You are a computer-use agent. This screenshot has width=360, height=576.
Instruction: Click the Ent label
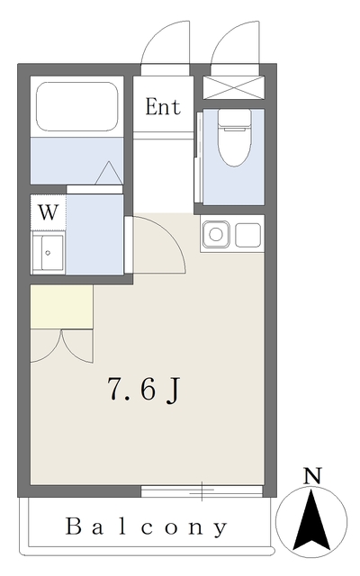click(163, 108)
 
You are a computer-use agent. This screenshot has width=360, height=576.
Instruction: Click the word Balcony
click(147, 526)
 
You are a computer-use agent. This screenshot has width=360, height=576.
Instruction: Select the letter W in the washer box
click(49, 214)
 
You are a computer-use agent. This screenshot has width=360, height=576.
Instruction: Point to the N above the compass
click(311, 476)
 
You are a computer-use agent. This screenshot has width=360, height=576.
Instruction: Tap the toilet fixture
click(233, 143)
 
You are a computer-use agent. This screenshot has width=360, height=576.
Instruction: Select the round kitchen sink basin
click(216, 236)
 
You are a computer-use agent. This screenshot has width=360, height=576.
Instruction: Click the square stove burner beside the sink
click(247, 236)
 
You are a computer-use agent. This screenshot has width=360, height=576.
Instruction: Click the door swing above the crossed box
click(232, 45)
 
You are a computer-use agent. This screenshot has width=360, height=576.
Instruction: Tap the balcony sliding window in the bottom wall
click(202, 491)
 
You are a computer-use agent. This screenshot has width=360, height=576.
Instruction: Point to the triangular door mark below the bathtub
click(108, 173)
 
